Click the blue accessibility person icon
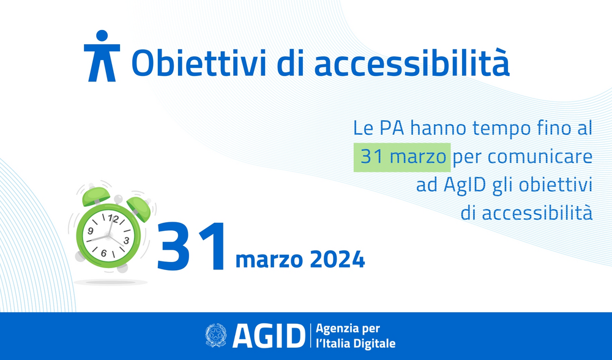102,56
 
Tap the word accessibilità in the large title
412,63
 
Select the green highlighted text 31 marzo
402,157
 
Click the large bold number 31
192,247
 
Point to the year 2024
337,259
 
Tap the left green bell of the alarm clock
96,196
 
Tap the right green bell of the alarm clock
139,209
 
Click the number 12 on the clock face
113,219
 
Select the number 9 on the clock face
91,231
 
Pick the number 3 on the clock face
126,241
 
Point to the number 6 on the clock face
103,253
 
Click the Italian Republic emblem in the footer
216,336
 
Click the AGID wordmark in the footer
269,336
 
